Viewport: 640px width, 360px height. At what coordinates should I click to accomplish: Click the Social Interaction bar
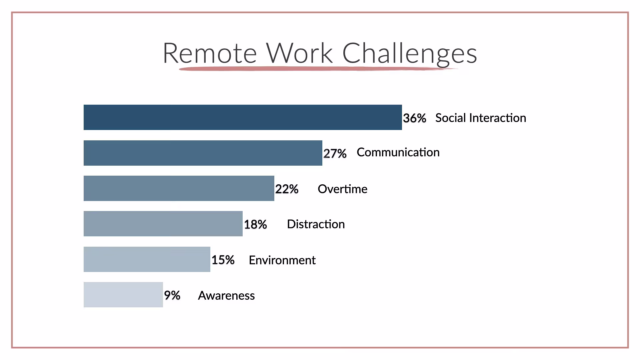[243, 117]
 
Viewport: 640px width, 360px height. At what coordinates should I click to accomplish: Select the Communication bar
[203, 153]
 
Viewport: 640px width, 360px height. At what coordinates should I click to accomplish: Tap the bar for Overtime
[179, 188]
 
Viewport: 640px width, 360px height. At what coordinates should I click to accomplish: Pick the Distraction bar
[163, 224]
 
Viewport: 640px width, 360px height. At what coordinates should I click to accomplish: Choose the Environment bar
[147, 259]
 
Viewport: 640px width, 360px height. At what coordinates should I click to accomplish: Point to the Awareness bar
[123, 295]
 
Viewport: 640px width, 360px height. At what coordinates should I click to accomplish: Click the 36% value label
[415, 118]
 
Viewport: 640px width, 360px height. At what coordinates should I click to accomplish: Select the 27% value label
[335, 154]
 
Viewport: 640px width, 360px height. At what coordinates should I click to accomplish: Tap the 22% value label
[287, 189]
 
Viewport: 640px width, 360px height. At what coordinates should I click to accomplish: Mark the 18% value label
[256, 225]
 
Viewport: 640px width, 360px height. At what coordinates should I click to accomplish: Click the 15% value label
[223, 260]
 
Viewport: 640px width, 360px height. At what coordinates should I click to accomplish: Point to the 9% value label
[172, 295]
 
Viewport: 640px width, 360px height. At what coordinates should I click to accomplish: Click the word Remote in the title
[210, 53]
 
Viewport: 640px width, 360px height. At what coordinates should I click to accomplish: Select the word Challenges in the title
[410, 54]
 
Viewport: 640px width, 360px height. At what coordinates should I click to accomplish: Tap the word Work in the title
[299, 52]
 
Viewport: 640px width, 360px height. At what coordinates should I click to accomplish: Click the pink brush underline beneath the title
[318, 69]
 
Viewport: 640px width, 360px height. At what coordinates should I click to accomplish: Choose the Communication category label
[398, 152]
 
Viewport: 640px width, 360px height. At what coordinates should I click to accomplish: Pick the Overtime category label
[342, 189]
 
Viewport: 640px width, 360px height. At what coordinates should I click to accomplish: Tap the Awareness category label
[226, 296]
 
